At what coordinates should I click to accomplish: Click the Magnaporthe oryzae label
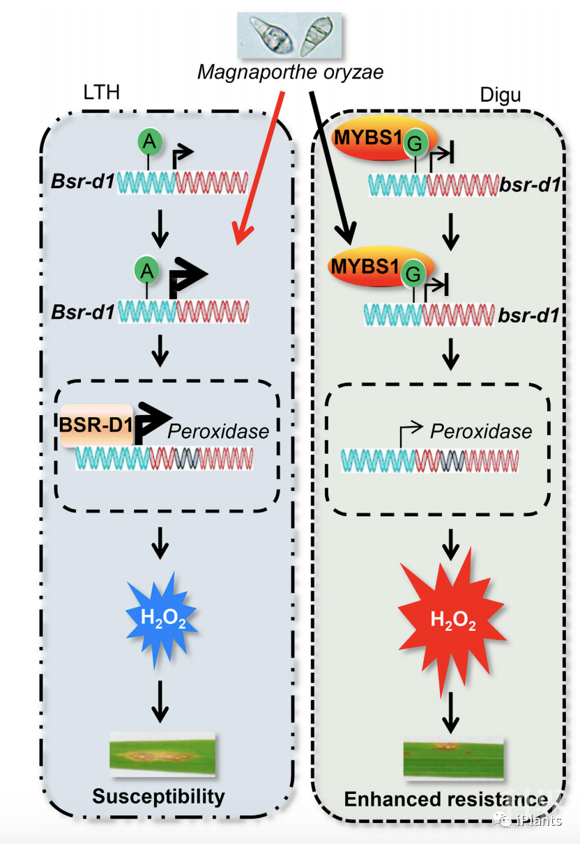(290, 71)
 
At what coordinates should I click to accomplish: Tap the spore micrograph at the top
(290, 35)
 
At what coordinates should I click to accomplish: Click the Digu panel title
(501, 95)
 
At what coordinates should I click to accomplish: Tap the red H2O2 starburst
(452, 620)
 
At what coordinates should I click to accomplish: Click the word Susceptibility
(159, 797)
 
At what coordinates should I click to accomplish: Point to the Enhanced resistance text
(445, 798)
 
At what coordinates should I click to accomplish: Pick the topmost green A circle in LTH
(148, 142)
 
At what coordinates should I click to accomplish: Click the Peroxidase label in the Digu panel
(481, 431)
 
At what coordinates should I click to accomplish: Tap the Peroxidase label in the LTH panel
(218, 431)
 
